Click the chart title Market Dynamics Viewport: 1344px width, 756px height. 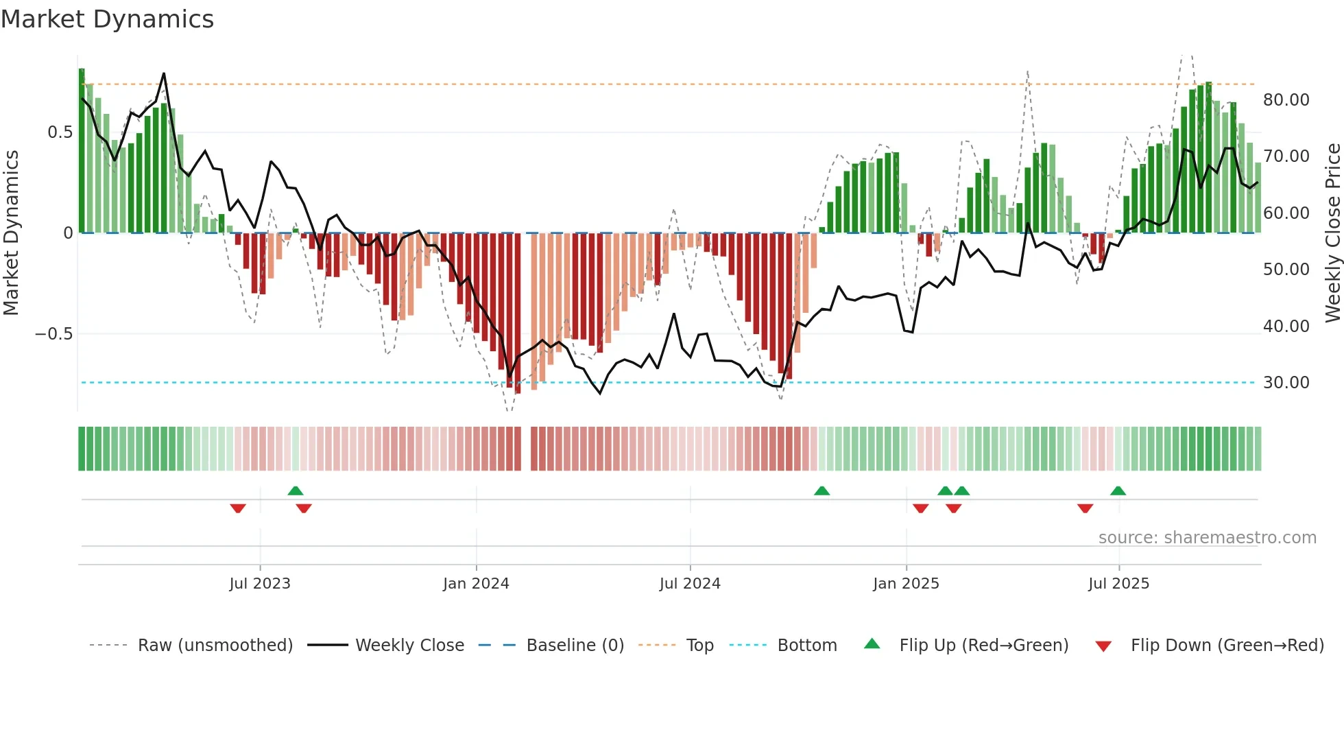pyautogui.click(x=107, y=19)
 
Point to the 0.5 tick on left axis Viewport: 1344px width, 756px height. pyautogui.click(x=60, y=132)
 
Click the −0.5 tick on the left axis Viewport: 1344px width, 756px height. pyautogui.click(x=53, y=334)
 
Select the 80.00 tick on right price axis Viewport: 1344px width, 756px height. pyautogui.click(x=1286, y=100)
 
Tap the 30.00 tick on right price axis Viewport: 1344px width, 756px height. pyautogui.click(x=1286, y=383)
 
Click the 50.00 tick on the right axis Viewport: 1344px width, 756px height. pyautogui.click(x=1286, y=270)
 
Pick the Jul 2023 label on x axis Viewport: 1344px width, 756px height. pyautogui.click(x=260, y=584)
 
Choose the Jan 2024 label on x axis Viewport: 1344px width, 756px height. pyautogui.click(x=476, y=584)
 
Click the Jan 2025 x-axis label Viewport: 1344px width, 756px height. pyautogui.click(x=906, y=584)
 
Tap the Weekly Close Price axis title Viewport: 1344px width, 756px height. pyautogui.click(x=1332, y=233)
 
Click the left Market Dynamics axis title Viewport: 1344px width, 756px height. pyautogui.click(x=11, y=233)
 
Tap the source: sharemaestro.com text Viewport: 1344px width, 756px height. pyautogui.click(x=1207, y=538)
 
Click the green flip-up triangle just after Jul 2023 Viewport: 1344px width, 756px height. pyautogui.click(x=296, y=491)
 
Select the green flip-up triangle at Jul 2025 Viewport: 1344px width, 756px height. pyautogui.click(x=1118, y=491)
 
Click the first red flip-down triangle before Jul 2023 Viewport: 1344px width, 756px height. pyautogui.click(x=238, y=508)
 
